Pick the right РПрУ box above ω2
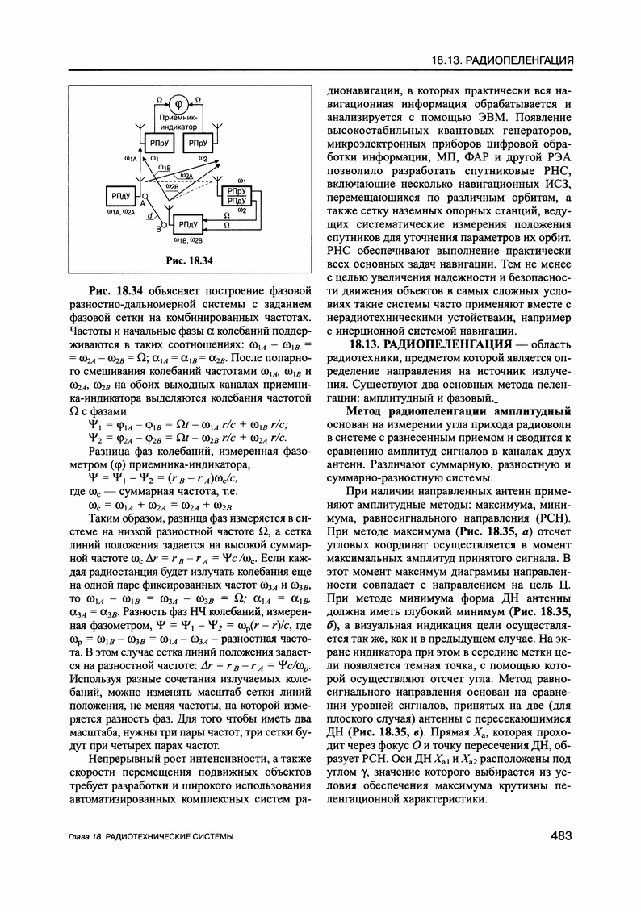pos(198,142)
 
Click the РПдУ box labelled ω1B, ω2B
pos(187,224)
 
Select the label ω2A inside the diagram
pos(186,175)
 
